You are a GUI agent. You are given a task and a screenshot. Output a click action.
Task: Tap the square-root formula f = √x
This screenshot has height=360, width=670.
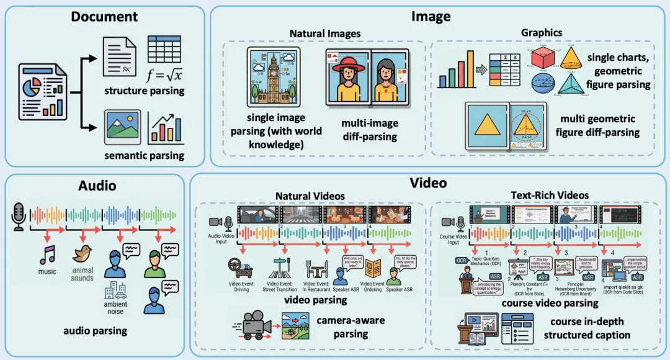(x=165, y=76)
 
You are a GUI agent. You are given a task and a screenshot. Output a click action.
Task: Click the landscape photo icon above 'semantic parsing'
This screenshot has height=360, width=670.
(x=122, y=127)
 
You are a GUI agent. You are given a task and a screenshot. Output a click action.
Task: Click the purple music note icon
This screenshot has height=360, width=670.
(x=47, y=254)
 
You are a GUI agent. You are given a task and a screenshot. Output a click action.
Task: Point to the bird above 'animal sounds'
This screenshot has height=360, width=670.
(x=82, y=253)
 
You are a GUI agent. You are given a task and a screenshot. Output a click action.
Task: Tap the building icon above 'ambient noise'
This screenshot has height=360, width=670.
(x=115, y=290)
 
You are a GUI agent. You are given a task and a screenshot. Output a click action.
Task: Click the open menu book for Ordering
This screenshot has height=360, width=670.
(x=373, y=268)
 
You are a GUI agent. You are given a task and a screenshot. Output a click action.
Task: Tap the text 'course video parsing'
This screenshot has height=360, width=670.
(x=550, y=304)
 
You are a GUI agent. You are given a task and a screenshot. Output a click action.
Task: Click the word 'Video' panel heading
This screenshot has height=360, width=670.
(x=428, y=182)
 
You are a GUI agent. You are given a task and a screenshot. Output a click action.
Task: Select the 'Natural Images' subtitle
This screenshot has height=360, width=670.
(x=324, y=32)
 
